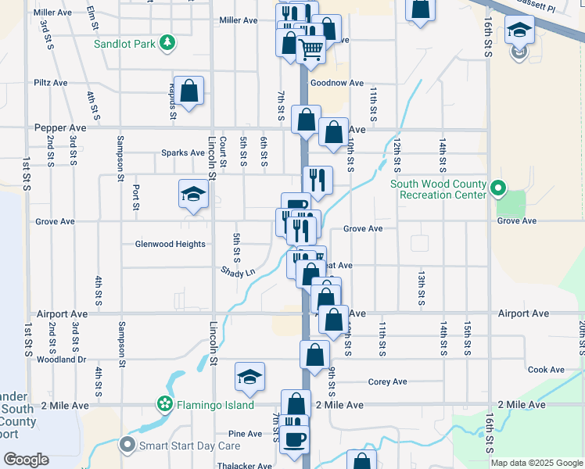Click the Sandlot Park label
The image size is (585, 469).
[124, 44]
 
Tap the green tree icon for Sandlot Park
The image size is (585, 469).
[167, 43]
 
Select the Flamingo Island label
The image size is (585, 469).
[215, 405]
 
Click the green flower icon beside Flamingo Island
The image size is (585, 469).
[165, 404]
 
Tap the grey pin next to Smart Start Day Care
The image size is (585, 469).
[127, 446]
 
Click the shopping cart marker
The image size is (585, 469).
[311, 50]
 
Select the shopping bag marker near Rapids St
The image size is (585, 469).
[189, 91]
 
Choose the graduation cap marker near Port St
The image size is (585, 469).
[193, 195]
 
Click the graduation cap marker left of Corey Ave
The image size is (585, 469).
[249, 378]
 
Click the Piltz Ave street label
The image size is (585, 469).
[51, 82]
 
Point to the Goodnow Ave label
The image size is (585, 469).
[337, 83]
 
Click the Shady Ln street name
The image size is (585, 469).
[238, 272]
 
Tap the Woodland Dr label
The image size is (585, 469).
[61, 360]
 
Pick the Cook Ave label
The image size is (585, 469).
[546, 370]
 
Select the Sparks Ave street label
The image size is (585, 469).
[183, 152]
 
